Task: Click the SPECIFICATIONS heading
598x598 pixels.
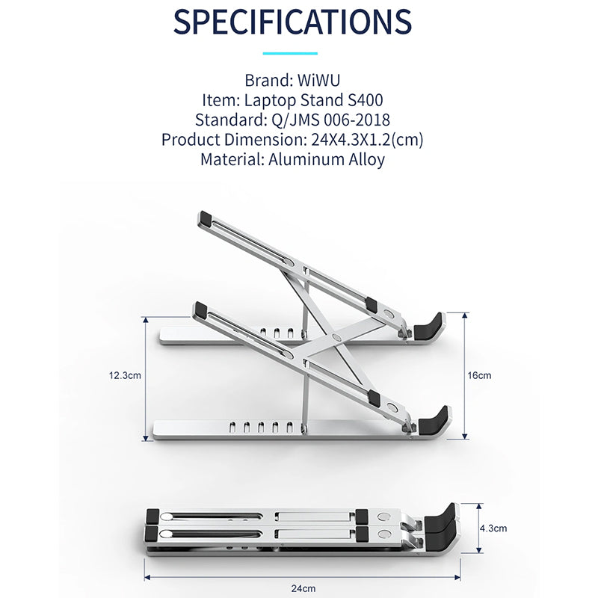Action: click(x=292, y=22)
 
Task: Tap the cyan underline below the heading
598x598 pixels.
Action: click(x=290, y=53)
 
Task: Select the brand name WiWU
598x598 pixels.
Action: click(x=319, y=81)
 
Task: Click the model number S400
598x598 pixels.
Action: click(x=366, y=100)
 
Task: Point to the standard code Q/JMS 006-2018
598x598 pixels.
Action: click(x=330, y=120)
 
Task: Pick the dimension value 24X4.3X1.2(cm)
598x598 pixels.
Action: click(x=367, y=140)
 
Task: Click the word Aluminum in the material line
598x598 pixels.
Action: click(x=306, y=159)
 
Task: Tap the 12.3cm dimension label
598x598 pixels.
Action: click(x=125, y=376)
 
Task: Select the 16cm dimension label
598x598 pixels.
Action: click(x=479, y=376)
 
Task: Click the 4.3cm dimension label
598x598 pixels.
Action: click(x=493, y=528)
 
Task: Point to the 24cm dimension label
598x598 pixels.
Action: click(x=303, y=589)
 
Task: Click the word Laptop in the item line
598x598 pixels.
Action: click(x=270, y=101)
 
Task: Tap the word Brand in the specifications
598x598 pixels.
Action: click(x=269, y=81)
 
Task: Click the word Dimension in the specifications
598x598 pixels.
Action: click(x=265, y=140)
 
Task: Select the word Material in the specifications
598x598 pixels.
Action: click(x=232, y=159)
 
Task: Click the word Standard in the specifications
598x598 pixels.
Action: click(x=231, y=120)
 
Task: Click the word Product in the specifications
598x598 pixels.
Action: click(x=191, y=140)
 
